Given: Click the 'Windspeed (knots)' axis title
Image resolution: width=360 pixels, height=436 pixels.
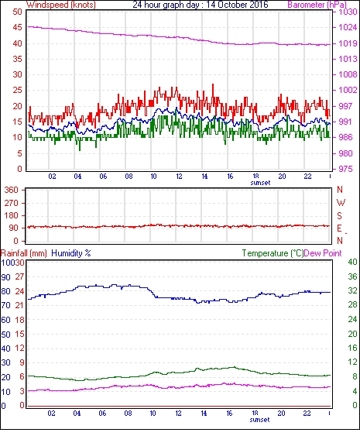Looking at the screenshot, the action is tap(61, 5).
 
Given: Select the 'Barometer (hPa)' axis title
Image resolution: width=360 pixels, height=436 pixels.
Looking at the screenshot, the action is tap(317, 5).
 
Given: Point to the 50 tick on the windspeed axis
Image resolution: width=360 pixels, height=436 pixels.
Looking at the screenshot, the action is tap(17, 12).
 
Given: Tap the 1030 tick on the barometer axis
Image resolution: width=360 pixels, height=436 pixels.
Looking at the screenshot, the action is tap(348, 12).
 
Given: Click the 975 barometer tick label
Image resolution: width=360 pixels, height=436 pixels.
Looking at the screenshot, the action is tap(345, 169).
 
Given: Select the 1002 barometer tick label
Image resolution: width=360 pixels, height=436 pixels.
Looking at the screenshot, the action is tap(348, 90).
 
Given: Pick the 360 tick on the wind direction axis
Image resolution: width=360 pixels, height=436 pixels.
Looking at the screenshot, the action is tap(12, 191).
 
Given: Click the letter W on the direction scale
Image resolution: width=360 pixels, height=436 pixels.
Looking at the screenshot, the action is tap(341, 203).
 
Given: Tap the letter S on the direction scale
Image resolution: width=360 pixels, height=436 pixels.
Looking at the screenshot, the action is tap(339, 216).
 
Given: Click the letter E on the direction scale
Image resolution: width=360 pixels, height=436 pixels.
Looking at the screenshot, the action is tap(339, 228).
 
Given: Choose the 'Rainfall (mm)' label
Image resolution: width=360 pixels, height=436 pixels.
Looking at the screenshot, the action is tap(23, 253).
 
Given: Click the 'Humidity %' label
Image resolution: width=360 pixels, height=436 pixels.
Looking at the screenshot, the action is tap(71, 253).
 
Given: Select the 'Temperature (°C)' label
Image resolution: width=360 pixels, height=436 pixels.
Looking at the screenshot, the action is tap(273, 253).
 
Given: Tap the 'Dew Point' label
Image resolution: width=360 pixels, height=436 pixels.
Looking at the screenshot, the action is tap(323, 253).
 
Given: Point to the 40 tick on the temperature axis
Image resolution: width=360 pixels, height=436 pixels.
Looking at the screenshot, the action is tap(352, 262).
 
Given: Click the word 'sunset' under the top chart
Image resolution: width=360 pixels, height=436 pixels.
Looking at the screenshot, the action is tap(260, 183).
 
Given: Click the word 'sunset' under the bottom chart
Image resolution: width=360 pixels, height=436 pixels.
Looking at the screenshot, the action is tap(259, 420).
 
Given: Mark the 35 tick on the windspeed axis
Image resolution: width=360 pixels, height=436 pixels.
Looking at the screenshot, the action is tap(17, 59).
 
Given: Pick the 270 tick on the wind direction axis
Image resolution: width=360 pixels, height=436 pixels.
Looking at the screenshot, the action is tap(12, 203).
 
